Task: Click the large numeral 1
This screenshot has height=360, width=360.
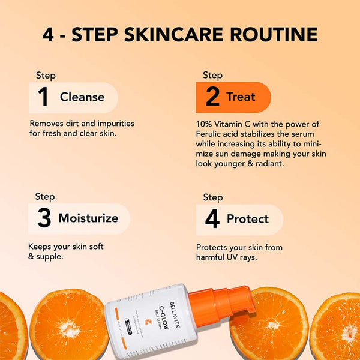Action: (x=43, y=98)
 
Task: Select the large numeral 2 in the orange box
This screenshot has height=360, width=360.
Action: (x=212, y=97)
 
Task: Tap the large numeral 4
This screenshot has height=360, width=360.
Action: (x=212, y=219)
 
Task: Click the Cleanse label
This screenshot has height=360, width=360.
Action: (x=82, y=97)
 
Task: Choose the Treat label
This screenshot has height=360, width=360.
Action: (x=241, y=97)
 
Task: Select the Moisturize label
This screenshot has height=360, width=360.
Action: (x=88, y=218)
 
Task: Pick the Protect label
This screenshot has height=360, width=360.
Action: (x=247, y=219)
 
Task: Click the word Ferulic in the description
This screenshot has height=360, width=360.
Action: (x=211, y=133)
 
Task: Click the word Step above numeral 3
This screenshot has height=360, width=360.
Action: (x=45, y=197)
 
